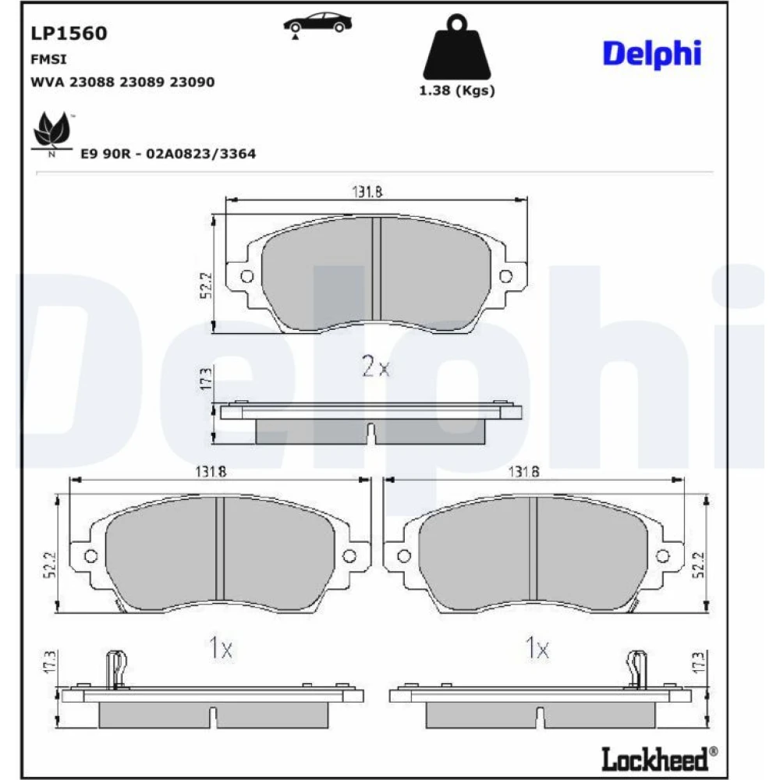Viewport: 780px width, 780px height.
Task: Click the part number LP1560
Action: click(x=69, y=34)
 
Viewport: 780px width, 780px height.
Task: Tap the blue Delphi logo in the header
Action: click(x=651, y=54)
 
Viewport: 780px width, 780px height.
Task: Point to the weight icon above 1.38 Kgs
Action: click(x=456, y=47)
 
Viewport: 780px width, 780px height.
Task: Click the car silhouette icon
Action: click(x=317, y=24)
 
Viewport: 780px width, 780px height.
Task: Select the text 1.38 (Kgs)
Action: click(x=456, y=90)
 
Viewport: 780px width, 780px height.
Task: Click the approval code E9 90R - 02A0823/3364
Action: click(x=168, y=154)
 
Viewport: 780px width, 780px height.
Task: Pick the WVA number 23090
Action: click(x=192, y=82)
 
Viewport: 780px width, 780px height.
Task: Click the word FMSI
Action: click(x=48, y=59)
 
